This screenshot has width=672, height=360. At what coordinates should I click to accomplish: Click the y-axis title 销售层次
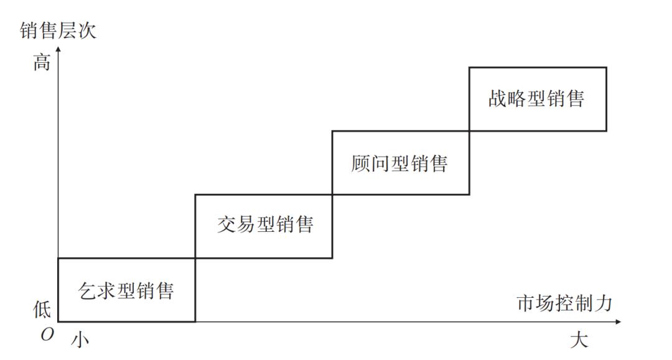(58, 31)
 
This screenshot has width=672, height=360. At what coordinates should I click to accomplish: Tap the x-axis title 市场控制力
(564, 303)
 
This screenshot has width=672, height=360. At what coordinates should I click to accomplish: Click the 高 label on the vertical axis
(42, 63)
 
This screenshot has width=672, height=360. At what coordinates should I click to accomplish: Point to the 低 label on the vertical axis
(42, 308)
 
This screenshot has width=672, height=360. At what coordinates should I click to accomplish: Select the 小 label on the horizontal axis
(80, 340)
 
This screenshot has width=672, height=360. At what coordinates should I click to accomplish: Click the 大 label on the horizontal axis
(579, 340)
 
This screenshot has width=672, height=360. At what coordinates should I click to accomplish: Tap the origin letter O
(47, 335)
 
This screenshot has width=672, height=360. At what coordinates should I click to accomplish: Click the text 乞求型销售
(126, 291)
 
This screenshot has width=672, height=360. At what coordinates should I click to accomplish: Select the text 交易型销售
(265, 224)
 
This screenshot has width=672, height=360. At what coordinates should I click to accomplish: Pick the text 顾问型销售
(399, 164)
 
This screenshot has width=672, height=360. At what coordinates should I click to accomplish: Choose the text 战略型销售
(536, 98)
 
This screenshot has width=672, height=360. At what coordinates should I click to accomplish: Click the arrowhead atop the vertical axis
(58, 48)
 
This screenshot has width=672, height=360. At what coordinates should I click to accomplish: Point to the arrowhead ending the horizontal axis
(618, 321)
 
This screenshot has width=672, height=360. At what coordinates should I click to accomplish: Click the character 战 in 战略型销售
(498, 98)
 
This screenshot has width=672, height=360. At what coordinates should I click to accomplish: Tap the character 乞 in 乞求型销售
(87, 291)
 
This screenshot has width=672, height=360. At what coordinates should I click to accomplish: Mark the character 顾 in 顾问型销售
(360, 164)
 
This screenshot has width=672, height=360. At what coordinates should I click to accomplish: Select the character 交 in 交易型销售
(226, 224)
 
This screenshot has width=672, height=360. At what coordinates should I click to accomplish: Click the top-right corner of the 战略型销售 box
(607, 67)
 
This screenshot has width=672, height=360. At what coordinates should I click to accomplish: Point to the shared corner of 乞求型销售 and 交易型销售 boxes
(195, 258)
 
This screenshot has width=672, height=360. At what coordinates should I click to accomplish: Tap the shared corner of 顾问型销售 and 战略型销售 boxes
(469, 131)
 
